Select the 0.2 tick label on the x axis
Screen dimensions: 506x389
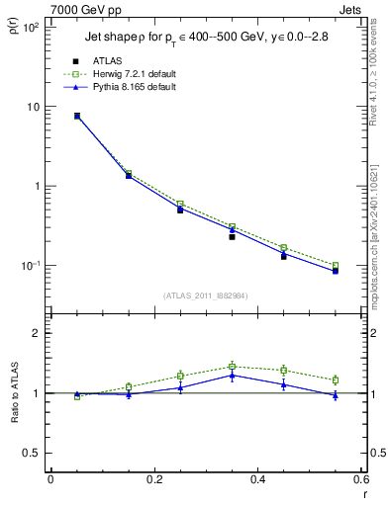153,480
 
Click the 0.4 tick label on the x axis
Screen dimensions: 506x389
257,480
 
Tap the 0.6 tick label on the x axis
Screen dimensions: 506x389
361,480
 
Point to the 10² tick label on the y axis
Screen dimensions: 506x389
31,28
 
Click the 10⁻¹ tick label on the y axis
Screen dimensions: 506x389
31,266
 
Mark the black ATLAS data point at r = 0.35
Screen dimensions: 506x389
232,236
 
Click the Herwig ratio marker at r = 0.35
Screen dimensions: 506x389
232,367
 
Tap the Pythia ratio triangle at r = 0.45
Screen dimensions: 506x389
284,383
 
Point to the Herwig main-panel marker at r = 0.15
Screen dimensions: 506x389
128,173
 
